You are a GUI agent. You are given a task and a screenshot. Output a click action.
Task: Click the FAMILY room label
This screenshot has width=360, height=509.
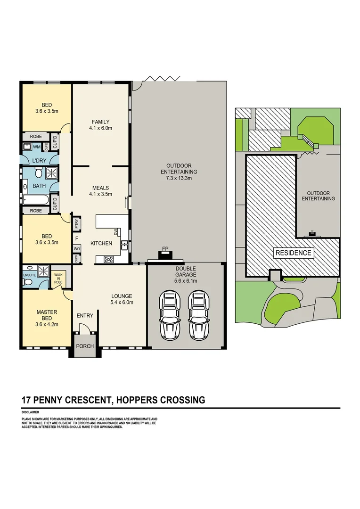click(x=101, y=122)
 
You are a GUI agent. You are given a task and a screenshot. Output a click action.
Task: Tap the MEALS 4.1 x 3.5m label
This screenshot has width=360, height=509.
click(x=101, y=190)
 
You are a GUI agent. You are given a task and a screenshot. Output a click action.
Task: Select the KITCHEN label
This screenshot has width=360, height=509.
click(x=101, y=243)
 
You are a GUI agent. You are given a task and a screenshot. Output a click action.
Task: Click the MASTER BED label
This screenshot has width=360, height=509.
click(x=47, y=315)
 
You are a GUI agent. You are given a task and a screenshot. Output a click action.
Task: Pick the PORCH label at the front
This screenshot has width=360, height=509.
click(x=85, y=346)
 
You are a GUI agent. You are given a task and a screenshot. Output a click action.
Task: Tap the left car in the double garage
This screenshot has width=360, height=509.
click(x=170, y=315)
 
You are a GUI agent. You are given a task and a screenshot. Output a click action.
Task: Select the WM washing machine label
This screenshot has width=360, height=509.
click(x=36, y=147)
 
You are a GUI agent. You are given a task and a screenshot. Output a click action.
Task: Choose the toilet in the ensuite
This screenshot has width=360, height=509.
click(x=27, y=282)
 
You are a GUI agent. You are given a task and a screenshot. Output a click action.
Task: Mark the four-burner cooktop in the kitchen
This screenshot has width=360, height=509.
click(x=108, y=259)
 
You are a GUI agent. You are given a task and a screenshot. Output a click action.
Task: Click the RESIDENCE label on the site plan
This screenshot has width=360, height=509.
click(x=293, y=253)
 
